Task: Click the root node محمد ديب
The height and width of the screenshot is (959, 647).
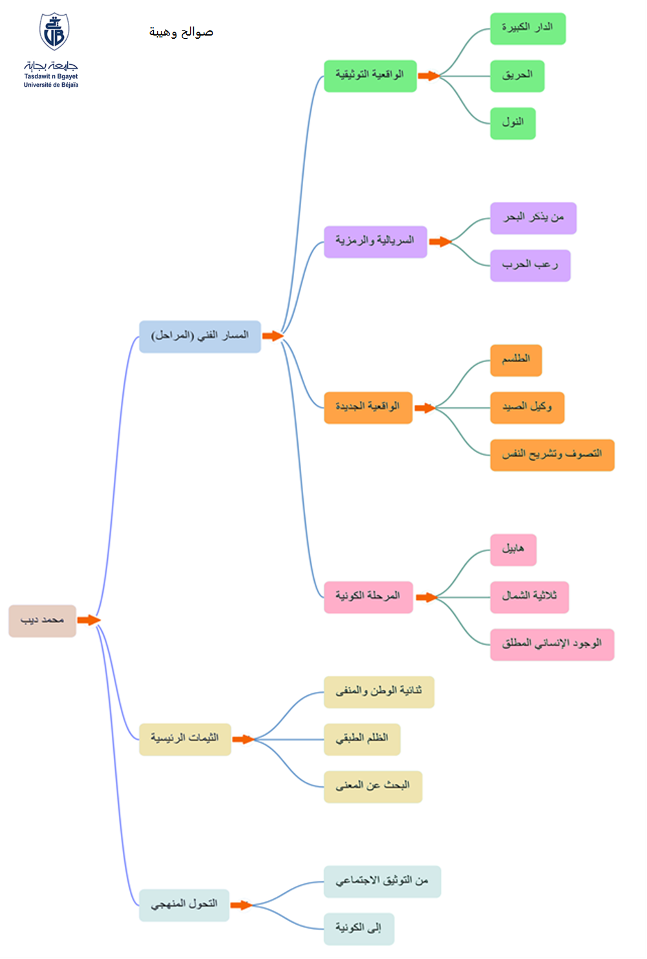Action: click(43, 621)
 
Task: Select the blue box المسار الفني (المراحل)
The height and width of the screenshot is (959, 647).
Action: click(200, 336)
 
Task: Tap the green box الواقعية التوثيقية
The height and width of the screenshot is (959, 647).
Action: click(370, 76)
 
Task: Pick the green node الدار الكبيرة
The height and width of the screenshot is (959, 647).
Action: click(528, 28)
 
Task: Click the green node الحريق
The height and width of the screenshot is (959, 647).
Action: click(517, 76)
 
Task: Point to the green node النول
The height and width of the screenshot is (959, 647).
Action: click(513, 124)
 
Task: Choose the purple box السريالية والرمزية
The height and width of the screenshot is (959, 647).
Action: click(376, 242)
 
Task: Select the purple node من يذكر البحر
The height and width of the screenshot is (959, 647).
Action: click(533, 219)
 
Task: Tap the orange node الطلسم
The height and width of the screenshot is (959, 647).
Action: click(516, 360)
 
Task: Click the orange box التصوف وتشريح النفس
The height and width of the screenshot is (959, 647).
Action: click(552, 455)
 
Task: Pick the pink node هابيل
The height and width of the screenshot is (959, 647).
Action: click(513, 550)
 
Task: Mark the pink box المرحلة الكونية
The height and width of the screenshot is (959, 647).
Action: click(368, 598)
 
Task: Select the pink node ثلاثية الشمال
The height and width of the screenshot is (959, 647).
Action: click(529, 598)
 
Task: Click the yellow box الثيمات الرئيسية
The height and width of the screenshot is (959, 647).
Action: click(185, 739)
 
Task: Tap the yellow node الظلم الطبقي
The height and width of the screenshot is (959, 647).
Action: click(362, 739)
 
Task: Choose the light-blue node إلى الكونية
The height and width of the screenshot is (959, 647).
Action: click(359, 929)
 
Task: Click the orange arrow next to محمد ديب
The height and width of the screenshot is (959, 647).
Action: click(89, 620)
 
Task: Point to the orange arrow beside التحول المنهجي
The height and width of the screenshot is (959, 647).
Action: click(242, 905)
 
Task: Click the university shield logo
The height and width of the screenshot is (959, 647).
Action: click(54, 31)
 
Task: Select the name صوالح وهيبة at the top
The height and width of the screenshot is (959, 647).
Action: click(181, 32)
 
